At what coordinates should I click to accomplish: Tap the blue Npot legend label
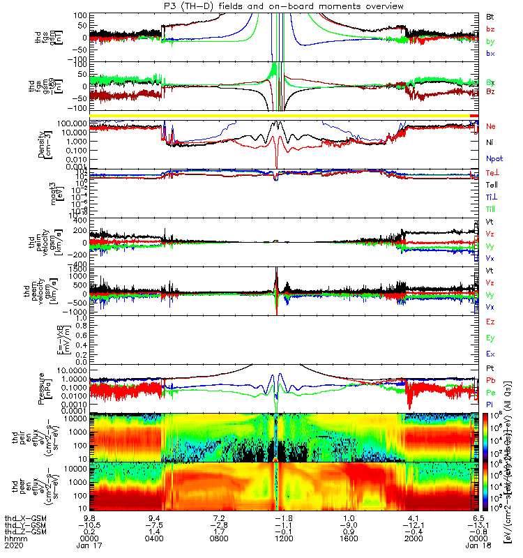click(x=494, y=158)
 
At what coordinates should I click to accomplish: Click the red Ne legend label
click(x=490, y=127)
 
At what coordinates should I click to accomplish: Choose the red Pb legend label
click(x=490, y=381)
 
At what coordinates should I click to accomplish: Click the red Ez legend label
click(x=490, y=322)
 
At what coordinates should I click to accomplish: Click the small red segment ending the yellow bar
click(x=475, y=116)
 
